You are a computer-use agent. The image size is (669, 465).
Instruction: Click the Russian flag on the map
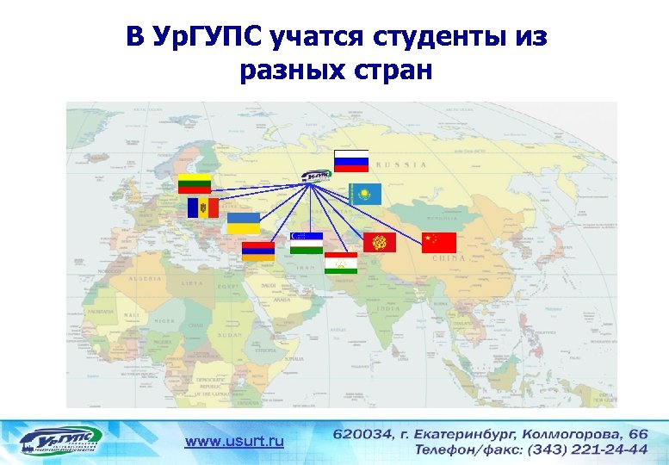(351, 160)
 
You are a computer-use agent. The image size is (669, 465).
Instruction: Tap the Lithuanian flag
(195, 183)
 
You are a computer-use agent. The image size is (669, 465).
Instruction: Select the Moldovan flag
(203, 208)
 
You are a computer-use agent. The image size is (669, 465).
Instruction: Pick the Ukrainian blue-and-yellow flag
(243, 224)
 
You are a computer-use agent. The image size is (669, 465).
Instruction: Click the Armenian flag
(257, 251)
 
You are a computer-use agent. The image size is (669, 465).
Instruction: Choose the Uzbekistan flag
(307, 243)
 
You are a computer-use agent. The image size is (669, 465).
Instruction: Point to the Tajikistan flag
(341, 263)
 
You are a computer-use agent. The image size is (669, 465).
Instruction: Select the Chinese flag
(438, 243)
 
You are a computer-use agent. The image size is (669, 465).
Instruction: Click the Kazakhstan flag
(364, 195)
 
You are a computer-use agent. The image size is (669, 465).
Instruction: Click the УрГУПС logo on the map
(317, 176)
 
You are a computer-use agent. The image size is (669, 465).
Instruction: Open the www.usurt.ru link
(234, 442)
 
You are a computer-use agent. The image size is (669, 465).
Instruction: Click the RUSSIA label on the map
(403, 164)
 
